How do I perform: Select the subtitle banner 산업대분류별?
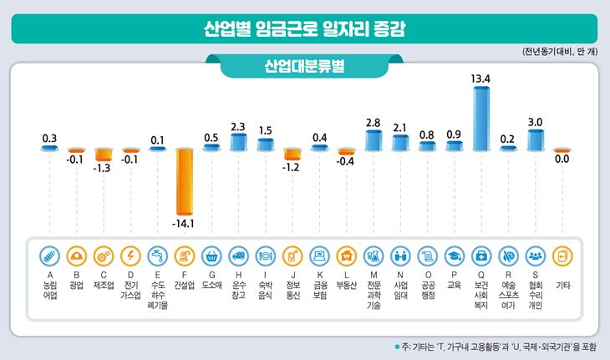(304, 67)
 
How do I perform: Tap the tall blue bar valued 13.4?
(480, 118)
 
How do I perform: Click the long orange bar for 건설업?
(184, 181)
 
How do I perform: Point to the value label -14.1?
(185, 224)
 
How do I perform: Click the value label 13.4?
(480, 79)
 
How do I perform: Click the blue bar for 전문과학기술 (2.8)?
(373, 140)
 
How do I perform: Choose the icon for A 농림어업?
(49, 255)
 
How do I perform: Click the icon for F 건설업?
(184, 255)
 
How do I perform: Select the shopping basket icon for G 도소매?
(211, 255)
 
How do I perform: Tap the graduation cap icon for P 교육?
(454, 255)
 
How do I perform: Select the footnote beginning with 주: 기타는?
(501, 347)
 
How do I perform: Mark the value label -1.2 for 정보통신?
(292, 166)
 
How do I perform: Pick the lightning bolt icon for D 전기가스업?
(130, 255)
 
